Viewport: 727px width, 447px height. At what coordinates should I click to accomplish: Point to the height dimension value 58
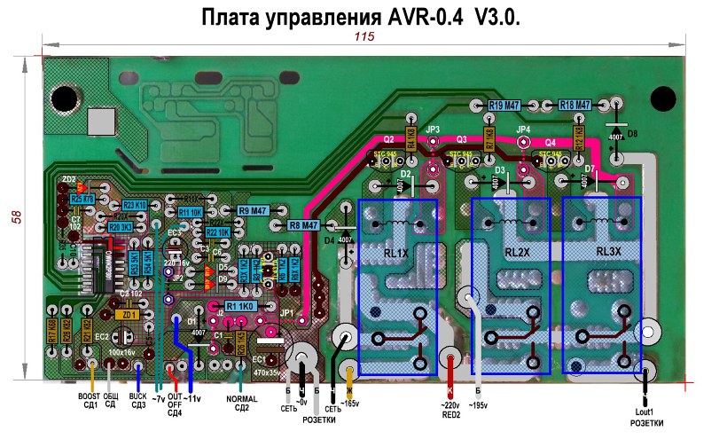click(x=15, y=217)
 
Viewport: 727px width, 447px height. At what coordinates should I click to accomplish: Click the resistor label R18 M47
click(x=575, y=106)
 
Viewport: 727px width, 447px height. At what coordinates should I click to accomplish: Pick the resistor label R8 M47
click(x=303, y=226)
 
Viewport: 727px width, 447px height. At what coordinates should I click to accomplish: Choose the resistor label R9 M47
click(x=253, y=210)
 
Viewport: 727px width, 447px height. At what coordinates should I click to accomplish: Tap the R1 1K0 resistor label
click(x=241, y=305)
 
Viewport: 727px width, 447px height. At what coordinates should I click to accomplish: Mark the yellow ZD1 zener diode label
click(x=128, y=315)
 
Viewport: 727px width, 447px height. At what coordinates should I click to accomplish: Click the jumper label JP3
click(x=433, y=130)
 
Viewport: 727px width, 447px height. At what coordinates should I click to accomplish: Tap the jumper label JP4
click(x=523, y=130)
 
